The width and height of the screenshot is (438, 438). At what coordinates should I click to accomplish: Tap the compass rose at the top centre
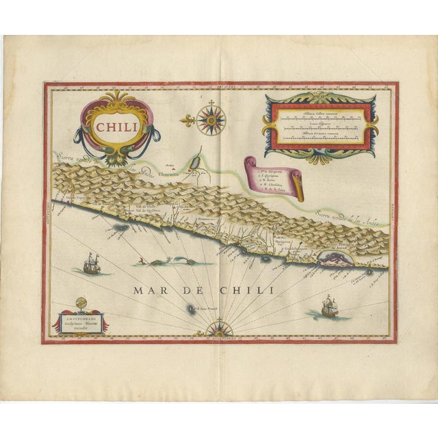click(x=211, y=120)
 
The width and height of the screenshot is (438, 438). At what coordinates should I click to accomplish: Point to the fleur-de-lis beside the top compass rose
click(x=189, y=121)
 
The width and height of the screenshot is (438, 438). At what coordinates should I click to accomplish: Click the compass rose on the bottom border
click(x=220, y=331)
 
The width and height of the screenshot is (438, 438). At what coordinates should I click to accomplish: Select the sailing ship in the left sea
click(x=91, y=263)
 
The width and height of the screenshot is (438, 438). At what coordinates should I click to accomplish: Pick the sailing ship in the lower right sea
click(x=330, y=307)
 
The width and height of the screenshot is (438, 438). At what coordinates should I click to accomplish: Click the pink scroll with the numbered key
click(x=274, y=177)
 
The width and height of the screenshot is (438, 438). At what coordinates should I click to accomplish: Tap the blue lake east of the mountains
click(x=195, y=164)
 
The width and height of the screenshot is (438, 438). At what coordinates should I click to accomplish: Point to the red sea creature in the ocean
click(x=142, y=260)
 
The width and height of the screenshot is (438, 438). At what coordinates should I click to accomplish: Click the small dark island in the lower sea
click(x=190, y=309)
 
